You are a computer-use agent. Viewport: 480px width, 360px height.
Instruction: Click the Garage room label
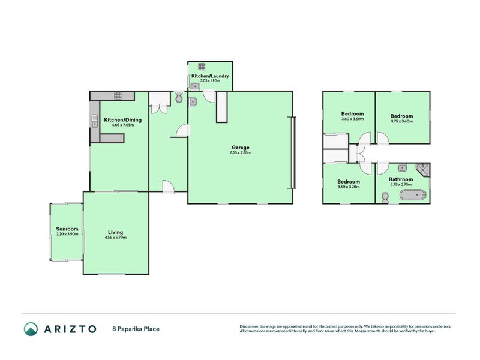(241, 147)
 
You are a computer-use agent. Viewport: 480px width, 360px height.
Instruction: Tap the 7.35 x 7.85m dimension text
(241, 152)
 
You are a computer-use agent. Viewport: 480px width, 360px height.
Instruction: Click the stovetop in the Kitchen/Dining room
(116, 95)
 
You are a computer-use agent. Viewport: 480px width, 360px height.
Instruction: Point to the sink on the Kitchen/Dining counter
(94, 124)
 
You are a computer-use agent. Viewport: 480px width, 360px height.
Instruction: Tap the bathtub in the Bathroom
(413, 194)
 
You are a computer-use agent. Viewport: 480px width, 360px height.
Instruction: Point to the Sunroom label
(67, 229)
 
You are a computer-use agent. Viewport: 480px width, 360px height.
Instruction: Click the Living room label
(115, 232)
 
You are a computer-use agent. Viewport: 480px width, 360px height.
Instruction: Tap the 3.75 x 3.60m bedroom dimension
(402, 121)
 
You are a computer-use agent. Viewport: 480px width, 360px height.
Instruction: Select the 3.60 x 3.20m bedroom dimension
(348, 187)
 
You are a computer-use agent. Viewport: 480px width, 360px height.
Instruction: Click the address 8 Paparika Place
(136, 329)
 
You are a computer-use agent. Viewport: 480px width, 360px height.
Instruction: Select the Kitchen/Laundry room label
(209, 77)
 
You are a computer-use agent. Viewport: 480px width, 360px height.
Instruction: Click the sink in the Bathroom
(404, 167)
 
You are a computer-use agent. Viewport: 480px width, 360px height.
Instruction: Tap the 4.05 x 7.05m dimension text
(122, 125)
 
